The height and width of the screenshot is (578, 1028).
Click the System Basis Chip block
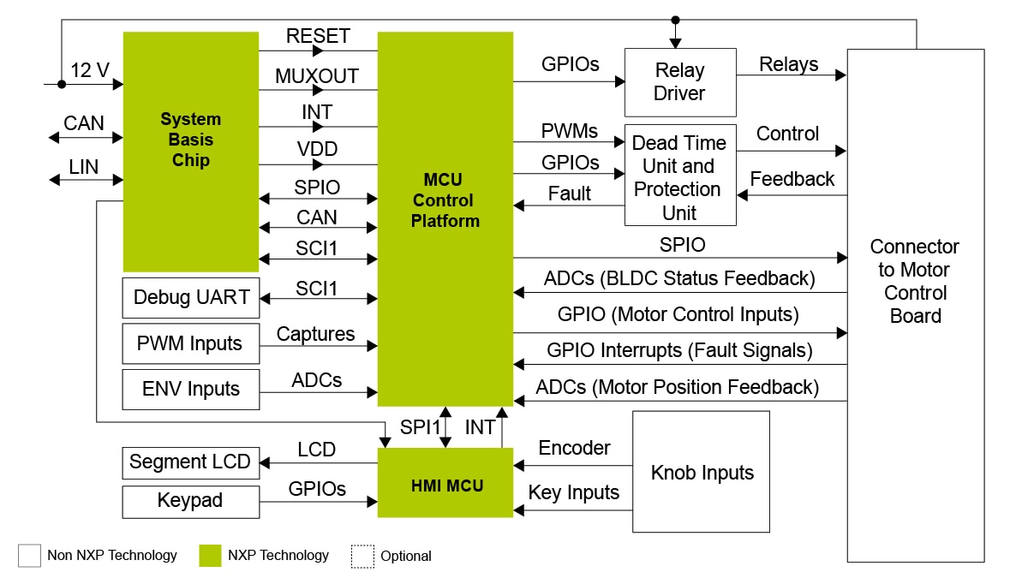190,152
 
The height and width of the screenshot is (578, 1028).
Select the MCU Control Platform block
445,218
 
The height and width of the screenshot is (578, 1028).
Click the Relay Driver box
679,82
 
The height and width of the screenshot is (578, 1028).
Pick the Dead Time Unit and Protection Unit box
679,177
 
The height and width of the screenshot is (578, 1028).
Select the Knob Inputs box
701,472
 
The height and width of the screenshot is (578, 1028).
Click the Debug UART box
190,298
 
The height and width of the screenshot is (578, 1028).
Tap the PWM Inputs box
190,343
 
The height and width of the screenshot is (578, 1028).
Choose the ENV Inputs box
190,389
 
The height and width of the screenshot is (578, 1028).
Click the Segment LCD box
190,462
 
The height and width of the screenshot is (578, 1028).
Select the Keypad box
190,501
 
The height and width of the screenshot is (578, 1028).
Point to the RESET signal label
318,36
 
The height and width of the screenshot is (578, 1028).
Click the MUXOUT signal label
317,75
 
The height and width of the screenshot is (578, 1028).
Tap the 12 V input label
90,71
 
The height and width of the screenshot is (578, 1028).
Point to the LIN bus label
84,167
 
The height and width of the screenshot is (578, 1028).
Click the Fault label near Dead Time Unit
569,194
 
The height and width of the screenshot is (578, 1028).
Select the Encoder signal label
574,448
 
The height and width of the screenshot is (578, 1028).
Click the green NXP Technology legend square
210,556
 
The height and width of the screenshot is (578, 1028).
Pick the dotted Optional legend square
362,556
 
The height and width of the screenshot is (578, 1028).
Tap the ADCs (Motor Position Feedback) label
677,387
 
